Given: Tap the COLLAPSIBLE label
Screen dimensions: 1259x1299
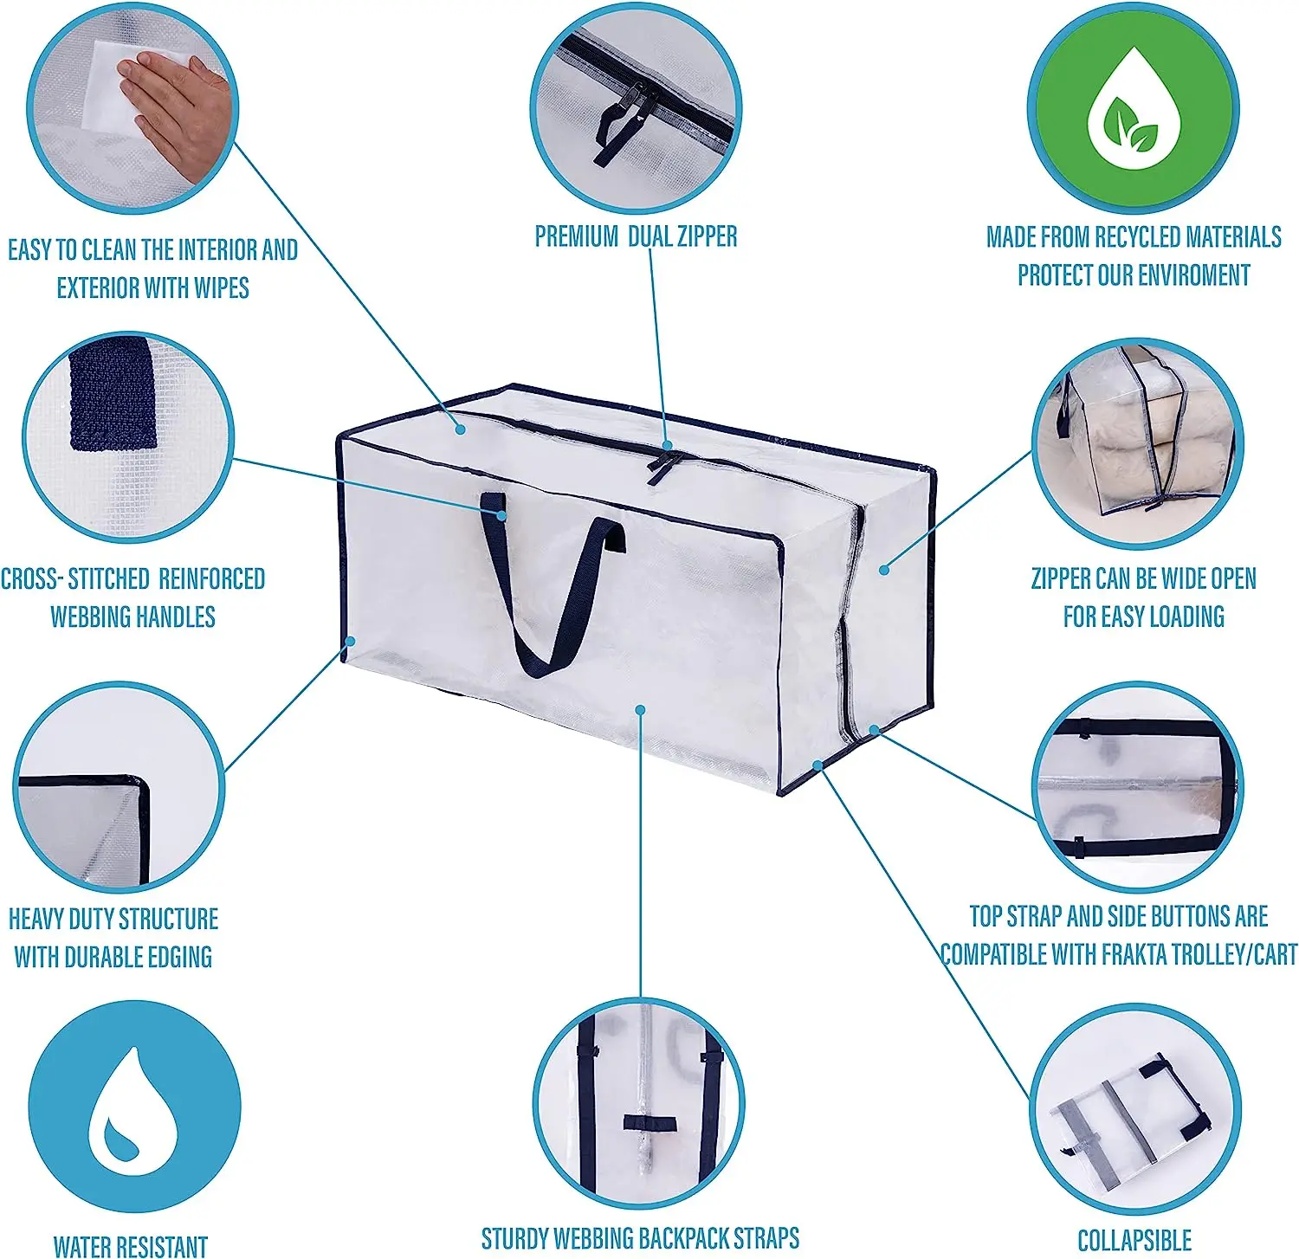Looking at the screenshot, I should click(x=1134, y=1240).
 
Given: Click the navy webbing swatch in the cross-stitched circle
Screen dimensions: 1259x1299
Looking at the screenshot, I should click(x=113, y=394).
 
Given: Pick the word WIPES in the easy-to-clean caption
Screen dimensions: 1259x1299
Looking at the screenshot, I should click(x=221, y=287).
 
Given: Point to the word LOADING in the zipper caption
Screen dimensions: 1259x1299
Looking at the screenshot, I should click(x=1184, y=617).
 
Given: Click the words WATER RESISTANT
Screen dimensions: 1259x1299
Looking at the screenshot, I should click(x=130, y=1246).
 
